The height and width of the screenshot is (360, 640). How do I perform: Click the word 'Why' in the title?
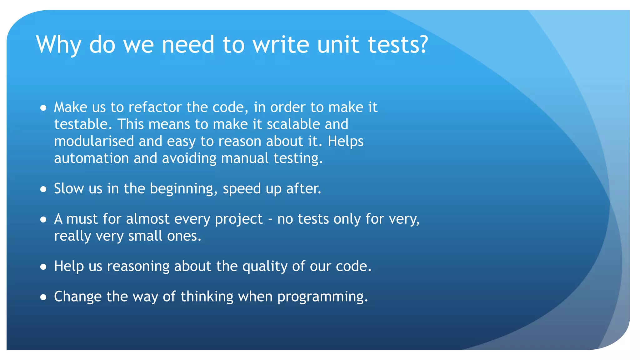58,45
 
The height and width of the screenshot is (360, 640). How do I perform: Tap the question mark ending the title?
422,44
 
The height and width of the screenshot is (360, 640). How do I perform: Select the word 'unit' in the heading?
338,44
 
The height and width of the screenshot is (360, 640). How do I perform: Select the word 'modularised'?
94,141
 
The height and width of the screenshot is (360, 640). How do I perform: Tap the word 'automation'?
92,158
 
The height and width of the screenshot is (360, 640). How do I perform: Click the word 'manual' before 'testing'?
245,158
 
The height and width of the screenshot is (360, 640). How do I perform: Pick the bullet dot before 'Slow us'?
43,189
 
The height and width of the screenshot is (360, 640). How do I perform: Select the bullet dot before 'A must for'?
43,220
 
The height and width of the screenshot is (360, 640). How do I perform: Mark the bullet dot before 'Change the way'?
43,297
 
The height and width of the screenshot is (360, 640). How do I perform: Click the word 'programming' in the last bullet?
321,297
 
